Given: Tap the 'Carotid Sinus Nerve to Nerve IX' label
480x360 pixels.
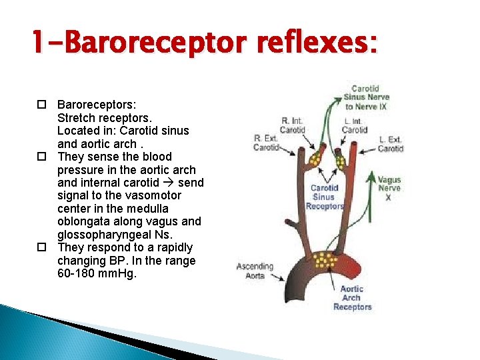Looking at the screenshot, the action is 366,97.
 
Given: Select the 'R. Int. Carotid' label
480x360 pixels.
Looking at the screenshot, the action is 292,125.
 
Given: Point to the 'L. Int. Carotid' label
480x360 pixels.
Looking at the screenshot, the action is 354,125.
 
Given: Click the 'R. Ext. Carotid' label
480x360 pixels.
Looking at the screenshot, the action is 265,142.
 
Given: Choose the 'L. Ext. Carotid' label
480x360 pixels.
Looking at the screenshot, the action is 390,144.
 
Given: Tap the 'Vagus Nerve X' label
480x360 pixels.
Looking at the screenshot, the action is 389,188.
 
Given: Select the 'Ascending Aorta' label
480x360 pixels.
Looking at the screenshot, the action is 255,271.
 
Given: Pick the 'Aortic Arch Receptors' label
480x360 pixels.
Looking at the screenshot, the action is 352,298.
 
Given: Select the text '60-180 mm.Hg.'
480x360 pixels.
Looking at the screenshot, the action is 97,273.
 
